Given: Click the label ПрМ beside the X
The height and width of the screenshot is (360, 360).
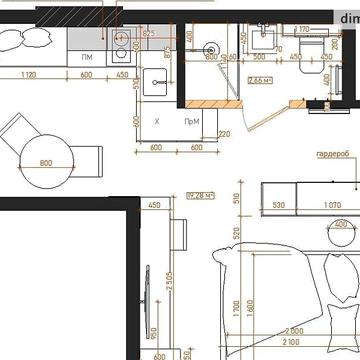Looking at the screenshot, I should pos(190,121).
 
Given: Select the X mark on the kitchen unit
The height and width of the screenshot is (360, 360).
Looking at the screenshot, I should pos(157,121).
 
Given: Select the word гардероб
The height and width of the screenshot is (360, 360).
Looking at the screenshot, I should pos(331,155).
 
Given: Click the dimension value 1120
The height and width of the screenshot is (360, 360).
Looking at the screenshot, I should pos(28,75).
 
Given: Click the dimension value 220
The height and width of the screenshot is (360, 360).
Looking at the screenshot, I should pos(224,133).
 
